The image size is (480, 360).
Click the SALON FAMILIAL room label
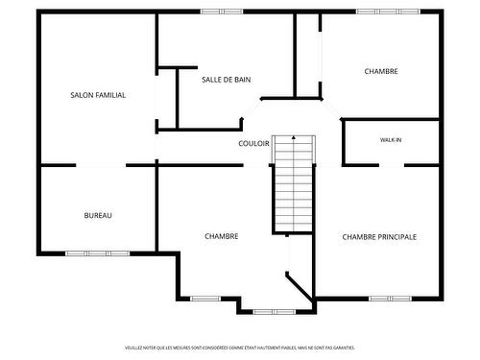click(98, 95)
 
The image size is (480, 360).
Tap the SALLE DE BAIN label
click(227, 80)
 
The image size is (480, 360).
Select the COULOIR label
click(253, 143)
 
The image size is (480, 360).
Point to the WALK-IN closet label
click(391, 140)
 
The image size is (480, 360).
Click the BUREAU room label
click(98, 215)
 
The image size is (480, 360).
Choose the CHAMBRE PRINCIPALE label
click(379, 236)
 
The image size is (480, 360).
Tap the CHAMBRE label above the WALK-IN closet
click(381, 71)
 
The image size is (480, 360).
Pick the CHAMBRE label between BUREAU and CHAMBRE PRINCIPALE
click(222, 236)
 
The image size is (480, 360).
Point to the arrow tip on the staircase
click(294, 140)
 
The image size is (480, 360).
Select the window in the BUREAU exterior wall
click(97, 253)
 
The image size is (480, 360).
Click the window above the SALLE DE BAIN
click(222, 12)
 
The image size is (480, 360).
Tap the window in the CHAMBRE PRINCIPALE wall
click(390, 298)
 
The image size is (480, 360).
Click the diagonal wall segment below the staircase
click(300, 284)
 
